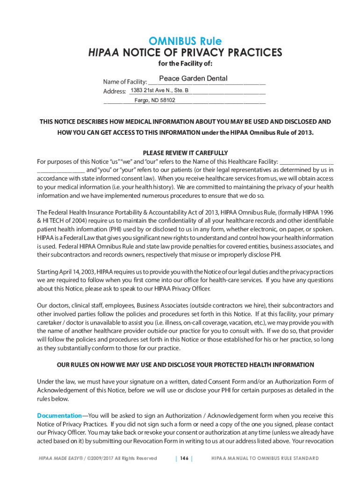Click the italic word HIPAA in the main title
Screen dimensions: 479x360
pyautogui.click(x=104, y=52)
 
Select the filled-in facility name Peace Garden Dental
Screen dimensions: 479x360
pyautogui.click(x=193, y=79)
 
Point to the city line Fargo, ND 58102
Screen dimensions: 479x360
pyautogui.click(x=155, y=100)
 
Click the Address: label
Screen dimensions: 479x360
pyautogui.click(x=115, y=91)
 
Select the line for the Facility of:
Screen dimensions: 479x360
pyautogui.click(x=185, y=64)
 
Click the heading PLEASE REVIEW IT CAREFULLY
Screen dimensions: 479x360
pyautogui.click(x=185, y=153)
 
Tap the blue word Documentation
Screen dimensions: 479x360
pyautogui.click(x=59, y=415)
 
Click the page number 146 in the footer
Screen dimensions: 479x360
pyautogui.click(x=184, y=458)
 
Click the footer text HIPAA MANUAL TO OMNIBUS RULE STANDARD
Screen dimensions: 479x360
pyautogui.click(x=265, y=458)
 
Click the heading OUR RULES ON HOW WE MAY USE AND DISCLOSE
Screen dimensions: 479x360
pyautogui.click(x=185, y=365)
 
